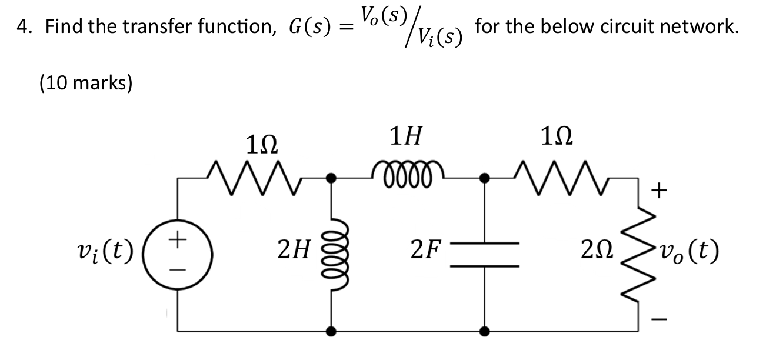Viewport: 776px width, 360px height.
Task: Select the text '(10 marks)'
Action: (86, 83)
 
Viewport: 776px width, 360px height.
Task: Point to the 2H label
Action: (295, 253)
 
